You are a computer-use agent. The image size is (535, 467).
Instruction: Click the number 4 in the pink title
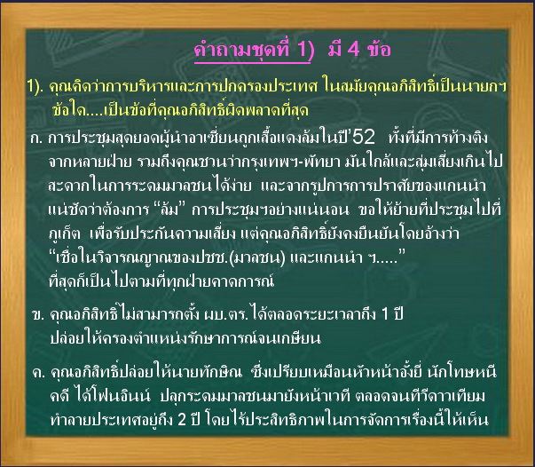(353, 50)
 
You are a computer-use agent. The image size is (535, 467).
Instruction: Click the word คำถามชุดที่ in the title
(241, 50)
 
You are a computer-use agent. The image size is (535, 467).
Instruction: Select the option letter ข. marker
(38, 314)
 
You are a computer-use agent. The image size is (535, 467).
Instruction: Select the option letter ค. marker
(38, 373)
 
